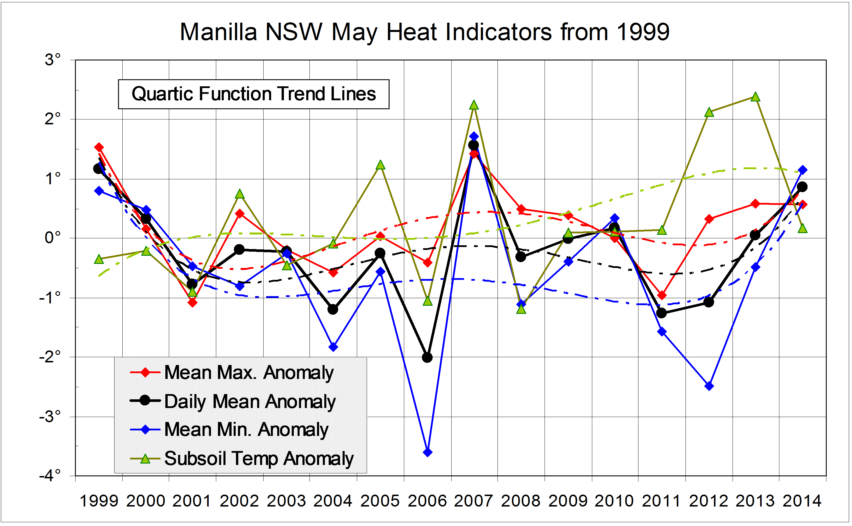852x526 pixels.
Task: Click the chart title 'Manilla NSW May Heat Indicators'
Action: pyautogui.click(x=424, y=32)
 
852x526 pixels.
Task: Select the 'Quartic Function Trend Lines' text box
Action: pyautogui.click(x=253, y=94)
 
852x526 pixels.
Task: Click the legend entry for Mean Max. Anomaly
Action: pyautogui.click(x=249, y=373)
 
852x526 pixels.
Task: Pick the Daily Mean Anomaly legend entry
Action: pyautogui.click(x=250, y=401)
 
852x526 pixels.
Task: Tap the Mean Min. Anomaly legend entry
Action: pyautogui.click(x=246, y=430)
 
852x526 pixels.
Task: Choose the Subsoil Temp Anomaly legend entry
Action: pyautogui.click(x=259, y=459)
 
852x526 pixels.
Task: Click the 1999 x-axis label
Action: pyautogui.click(x=99, y=501)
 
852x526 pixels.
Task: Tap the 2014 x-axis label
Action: pyautogui.click(x=802, y=501)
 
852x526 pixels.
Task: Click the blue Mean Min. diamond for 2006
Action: pyautogui.click(x=428, y=452)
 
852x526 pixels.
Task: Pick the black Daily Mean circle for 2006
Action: pyautogui.click(x=427, y=357)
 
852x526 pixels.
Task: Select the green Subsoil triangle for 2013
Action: pyautogui.click(x=755, y=97)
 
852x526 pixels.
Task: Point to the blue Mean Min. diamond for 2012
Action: pyautogui.click(x=709, y=386)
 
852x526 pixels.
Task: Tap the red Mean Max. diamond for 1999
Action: pyautogui.click(x=99, y=147)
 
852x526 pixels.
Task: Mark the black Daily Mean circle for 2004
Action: pyautogui.click(x=333, y=309)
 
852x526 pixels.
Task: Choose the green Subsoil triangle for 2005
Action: pyautogui.click(x=380, y=165)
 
